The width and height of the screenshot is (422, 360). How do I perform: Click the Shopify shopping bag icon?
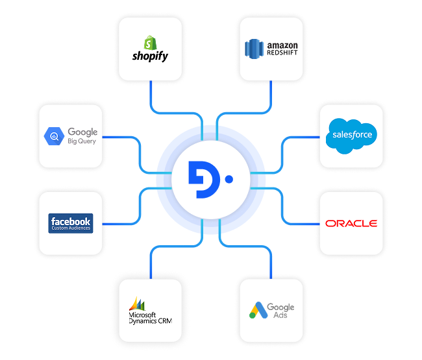150,43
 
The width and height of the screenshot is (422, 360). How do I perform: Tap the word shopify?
150,56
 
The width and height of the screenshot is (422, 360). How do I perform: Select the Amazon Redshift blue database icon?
254,49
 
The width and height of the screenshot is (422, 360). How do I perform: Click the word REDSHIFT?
282,54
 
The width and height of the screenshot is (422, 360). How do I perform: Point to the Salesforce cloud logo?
352,135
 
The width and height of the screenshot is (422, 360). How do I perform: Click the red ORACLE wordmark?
351,223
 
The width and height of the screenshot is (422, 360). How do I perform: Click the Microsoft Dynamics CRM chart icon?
137,303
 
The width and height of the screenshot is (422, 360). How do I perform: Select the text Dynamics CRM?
150,320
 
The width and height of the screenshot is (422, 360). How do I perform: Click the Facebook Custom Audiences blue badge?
71,223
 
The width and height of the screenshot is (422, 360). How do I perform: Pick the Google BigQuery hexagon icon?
53,136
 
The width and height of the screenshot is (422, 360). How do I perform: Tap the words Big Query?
82,141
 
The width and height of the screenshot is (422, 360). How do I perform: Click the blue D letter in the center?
201,177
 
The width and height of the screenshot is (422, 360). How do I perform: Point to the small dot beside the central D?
229,177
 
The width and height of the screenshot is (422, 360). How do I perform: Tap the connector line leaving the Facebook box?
120,223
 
